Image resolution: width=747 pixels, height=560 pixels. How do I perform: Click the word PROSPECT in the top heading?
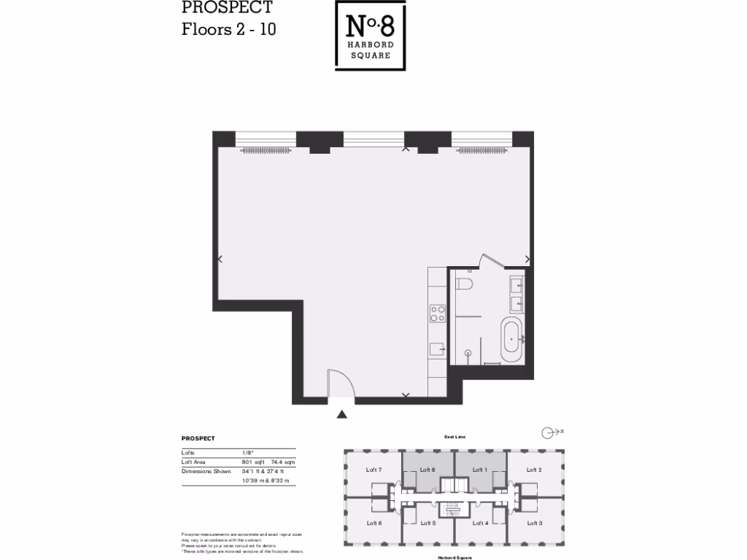click(227, 8)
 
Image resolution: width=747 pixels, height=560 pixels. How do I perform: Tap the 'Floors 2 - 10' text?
click(228, 30)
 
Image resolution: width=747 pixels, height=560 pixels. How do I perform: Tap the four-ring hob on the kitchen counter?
click(438, 314)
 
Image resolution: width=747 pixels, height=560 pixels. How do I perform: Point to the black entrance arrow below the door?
click(341, 415)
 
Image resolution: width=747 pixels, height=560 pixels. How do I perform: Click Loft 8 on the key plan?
click(427, 470)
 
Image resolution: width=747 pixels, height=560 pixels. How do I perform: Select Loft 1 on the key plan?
click(479, 470)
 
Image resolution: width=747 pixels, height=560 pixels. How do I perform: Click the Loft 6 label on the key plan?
click(374, 523)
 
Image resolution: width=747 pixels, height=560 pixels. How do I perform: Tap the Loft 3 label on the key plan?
click(534, 523)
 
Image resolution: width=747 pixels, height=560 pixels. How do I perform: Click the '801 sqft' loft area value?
click(252, 462)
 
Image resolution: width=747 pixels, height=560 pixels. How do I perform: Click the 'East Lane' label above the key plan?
click(454, 437)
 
